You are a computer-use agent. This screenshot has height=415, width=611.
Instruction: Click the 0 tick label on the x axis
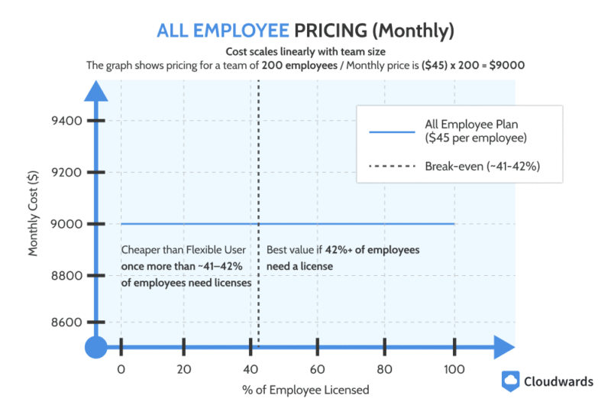point(121,369)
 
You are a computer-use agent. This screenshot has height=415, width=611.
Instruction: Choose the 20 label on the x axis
point(183,369)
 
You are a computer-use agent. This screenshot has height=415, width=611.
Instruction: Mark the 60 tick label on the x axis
point(318,369)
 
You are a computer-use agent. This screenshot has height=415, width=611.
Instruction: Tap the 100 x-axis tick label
point(454,369)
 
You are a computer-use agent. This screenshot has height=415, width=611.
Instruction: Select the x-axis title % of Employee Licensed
point(305,390)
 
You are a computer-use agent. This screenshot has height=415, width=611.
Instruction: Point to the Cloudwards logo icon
point(511,381)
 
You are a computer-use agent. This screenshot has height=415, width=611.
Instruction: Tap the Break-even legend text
point(483,166)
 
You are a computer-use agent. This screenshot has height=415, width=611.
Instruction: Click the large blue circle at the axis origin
point(95,348)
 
